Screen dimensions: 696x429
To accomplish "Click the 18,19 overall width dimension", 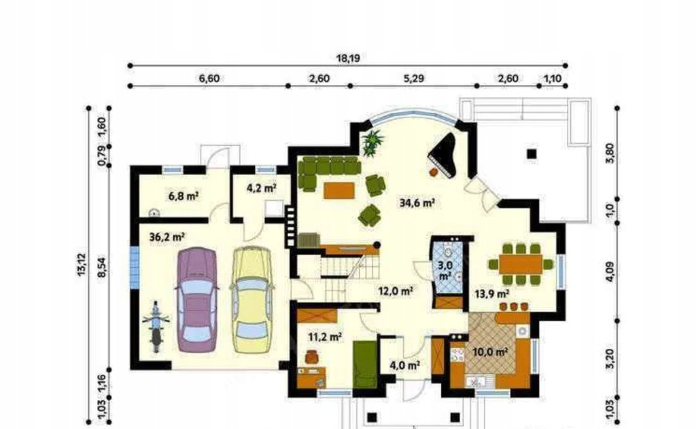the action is click(348, 58).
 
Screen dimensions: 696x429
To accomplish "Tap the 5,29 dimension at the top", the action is click(413, 79).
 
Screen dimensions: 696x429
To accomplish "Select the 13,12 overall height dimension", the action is click(82, 265).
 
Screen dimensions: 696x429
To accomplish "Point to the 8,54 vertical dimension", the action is click(102, 265).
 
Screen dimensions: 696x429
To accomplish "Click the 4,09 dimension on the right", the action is click(610, 272).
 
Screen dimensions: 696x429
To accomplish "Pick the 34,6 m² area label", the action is click(417, 203).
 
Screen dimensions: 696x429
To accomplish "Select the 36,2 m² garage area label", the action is click(167, 237).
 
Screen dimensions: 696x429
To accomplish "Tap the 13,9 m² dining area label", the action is click(492, 293).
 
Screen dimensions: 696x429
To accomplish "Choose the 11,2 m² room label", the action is click(325, 337).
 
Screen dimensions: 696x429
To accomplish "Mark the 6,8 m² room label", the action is click(184, 195).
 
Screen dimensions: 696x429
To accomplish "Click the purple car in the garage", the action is click(196, 300).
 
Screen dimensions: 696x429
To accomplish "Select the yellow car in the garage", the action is click(251, 300).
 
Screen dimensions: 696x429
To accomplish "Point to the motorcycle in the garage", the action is click(156, 326).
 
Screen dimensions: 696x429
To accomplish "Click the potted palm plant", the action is click(372, 143).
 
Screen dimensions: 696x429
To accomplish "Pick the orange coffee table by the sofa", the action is click(340, 191).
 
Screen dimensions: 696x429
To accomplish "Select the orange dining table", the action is click(521, 265).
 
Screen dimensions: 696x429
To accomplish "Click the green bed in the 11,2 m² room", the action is click(365, 365).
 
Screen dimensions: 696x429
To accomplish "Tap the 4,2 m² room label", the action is click(262, 188).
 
